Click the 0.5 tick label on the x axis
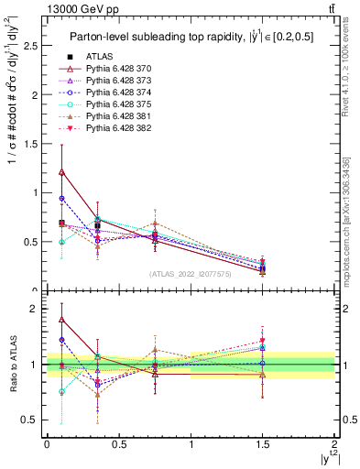pos(118,443)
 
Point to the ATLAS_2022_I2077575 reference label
pos(189,274)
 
